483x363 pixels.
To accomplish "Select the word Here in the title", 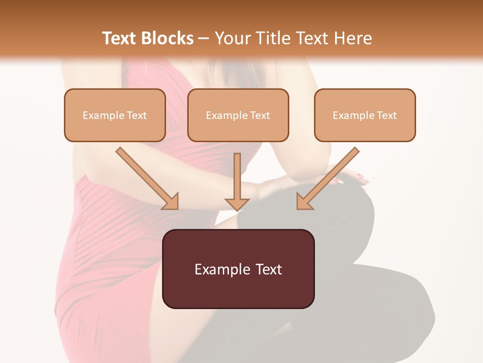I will click(354, 38).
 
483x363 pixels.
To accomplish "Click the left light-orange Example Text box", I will click(115, 115).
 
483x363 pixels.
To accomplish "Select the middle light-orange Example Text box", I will click(238, 115).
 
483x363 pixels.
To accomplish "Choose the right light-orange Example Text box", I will click(365, 115).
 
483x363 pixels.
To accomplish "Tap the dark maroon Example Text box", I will click(238, 269).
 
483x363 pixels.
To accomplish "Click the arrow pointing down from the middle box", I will click(237, 176).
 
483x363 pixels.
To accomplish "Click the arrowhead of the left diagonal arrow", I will click(171, 202).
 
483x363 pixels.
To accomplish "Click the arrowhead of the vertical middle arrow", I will click(237, 204).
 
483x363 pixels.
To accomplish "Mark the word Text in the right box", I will click(386, 115).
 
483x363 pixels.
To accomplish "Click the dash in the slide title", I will click(204, 39).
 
